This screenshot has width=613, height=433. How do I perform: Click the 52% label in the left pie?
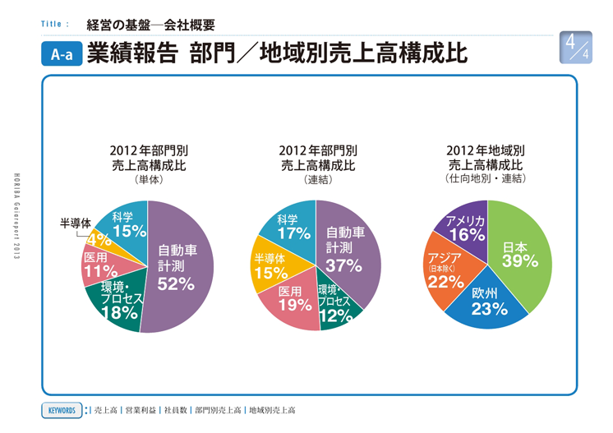click(175, 284)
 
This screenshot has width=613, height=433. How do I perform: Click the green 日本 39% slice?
click(519, 254)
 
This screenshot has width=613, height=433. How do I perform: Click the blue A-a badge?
click(62, 54)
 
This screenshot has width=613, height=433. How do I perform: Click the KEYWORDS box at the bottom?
click(62, 409)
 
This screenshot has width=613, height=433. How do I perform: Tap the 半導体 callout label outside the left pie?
click(75, 223)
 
